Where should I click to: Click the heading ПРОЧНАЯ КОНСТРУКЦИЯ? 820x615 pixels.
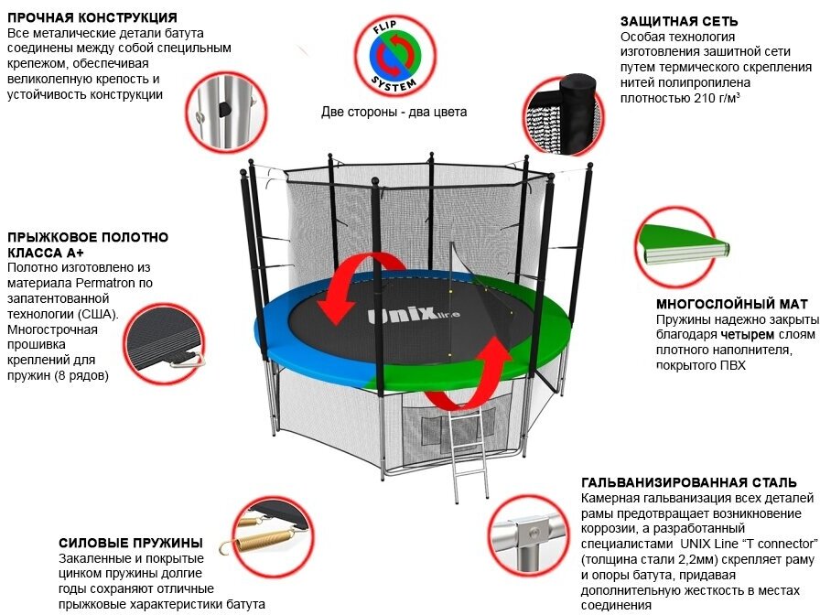[x=92, y=17]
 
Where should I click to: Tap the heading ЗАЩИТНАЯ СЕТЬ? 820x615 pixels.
[x=679, y=20]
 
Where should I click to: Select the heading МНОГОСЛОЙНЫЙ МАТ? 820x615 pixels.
[x=732, y=304]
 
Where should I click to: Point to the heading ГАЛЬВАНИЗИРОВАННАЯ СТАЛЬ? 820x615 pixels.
[x=688, y=482]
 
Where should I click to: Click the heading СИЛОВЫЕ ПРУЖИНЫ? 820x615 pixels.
[x=130, y=542]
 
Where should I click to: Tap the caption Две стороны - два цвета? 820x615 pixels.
[x=394, y=113]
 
